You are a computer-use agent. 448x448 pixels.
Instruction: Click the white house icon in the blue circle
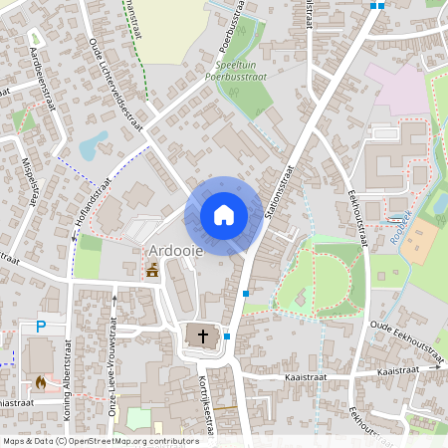click(224, 215)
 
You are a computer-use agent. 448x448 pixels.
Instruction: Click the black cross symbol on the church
click(204, 336)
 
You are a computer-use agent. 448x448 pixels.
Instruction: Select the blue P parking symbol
click(41, 326)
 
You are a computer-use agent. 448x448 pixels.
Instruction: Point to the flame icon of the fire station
click(40, 380)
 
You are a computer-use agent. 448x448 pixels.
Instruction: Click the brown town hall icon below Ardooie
click(152, 270)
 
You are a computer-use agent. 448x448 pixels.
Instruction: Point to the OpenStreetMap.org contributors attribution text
click(129, 440)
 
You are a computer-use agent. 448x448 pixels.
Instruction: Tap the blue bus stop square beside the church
click(227, 336)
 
